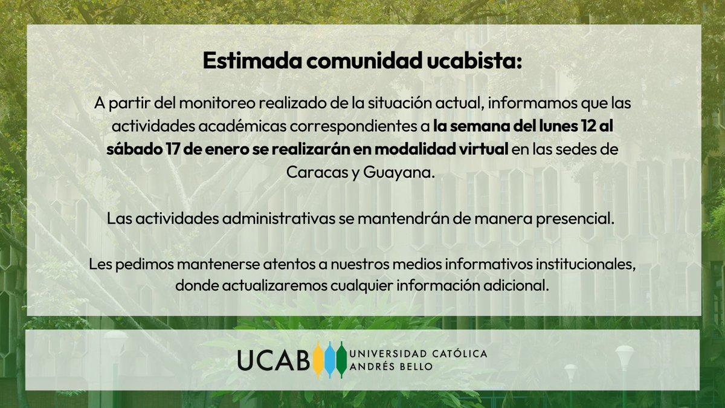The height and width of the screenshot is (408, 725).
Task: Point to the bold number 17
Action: [163, 150]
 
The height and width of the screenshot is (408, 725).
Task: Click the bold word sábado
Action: [129, 150]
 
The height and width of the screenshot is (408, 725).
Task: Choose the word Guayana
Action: [399, 172]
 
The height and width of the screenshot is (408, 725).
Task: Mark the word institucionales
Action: [581, 264]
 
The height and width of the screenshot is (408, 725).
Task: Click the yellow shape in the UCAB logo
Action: [318, 360]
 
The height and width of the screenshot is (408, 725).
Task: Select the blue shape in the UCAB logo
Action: [329, 360]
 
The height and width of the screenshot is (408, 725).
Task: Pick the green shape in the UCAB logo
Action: [341, 360]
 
